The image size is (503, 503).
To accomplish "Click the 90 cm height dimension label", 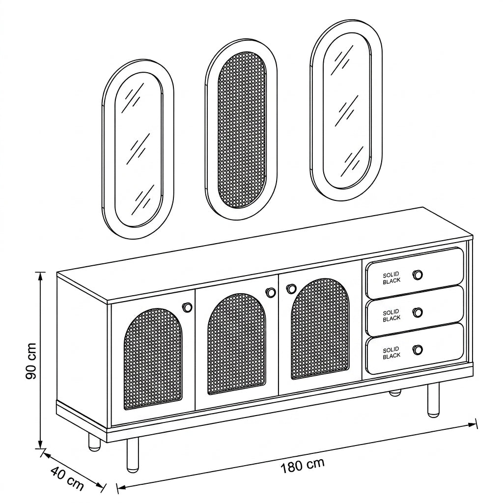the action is (31, 361).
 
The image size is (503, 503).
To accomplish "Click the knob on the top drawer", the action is (418, 275).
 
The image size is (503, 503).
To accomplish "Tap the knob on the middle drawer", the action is (418, 312).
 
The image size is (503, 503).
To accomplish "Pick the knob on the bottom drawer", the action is (418, 350).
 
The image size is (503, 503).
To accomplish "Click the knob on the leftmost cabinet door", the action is (187, 307).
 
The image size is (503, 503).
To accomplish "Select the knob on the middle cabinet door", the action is (271, 292).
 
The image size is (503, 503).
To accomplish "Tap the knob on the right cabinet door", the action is (291, 288).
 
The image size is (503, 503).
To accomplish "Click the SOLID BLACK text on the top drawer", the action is (391, 278).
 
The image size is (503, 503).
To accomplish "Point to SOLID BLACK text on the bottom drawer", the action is (391, 353).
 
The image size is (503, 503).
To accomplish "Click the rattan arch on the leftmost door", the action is (153, 359).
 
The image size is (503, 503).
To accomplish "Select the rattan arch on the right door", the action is (320, 329).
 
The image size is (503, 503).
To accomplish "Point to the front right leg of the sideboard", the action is (433, 400).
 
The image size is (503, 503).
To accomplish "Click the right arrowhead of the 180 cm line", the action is (474, 425).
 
